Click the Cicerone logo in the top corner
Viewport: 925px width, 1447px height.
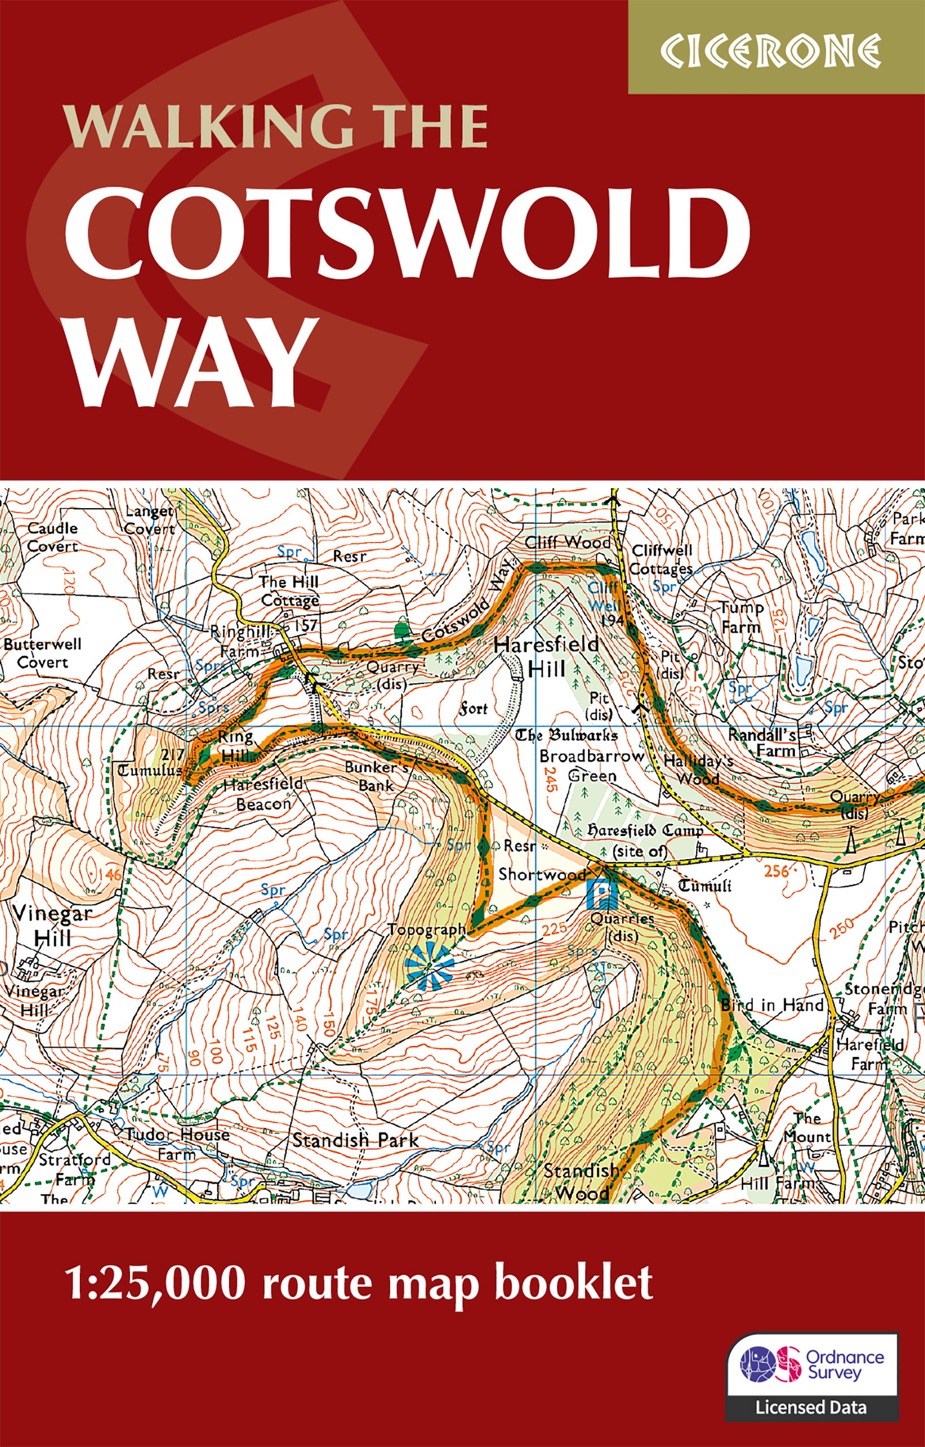(771, 51)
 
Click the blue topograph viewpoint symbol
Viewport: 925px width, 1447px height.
(429, 965)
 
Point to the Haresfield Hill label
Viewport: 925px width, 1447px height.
(546, 656)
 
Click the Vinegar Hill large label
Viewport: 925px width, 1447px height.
(52, 925)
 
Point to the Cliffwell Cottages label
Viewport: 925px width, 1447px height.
(661, 559)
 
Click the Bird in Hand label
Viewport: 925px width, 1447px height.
(772, 1005)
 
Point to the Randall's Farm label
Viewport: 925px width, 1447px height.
(762, 742)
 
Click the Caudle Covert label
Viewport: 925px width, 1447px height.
(53, 536)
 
